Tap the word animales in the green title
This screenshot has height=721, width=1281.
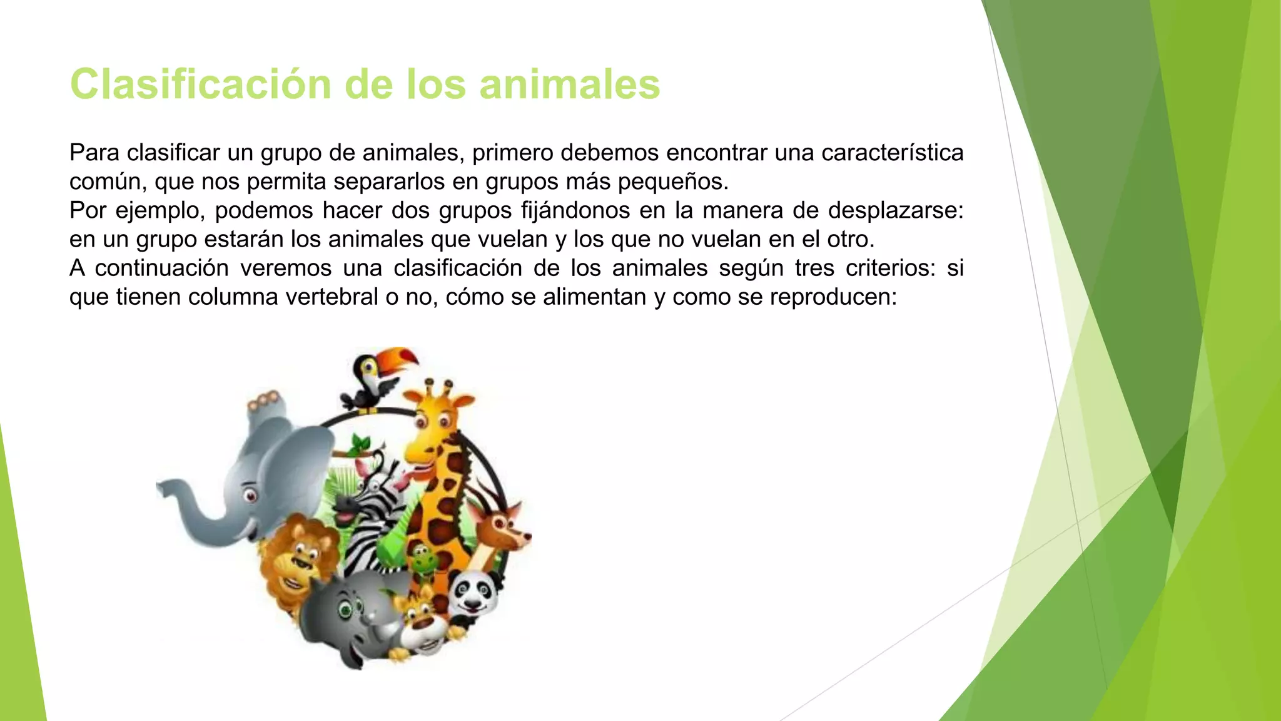pyautogui.click(x=569, y=84)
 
